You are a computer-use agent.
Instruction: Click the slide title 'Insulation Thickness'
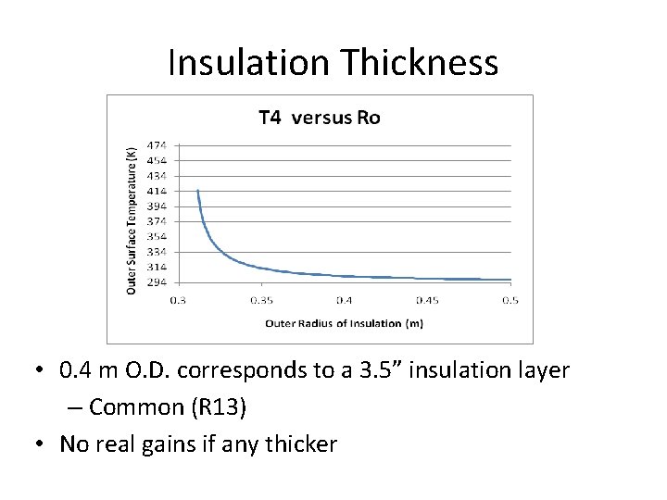pos(333,63)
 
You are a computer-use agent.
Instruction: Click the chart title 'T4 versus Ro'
pos(319,117)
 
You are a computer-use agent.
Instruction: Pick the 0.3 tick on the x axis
pos(178,300)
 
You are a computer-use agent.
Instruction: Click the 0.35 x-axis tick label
pos(261,300)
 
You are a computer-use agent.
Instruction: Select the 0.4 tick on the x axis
pos(344,300)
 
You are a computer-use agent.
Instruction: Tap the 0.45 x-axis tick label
pos(427,300)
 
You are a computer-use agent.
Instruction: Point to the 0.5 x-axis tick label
pos(510,300)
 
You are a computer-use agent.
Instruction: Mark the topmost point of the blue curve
pos(197,191)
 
